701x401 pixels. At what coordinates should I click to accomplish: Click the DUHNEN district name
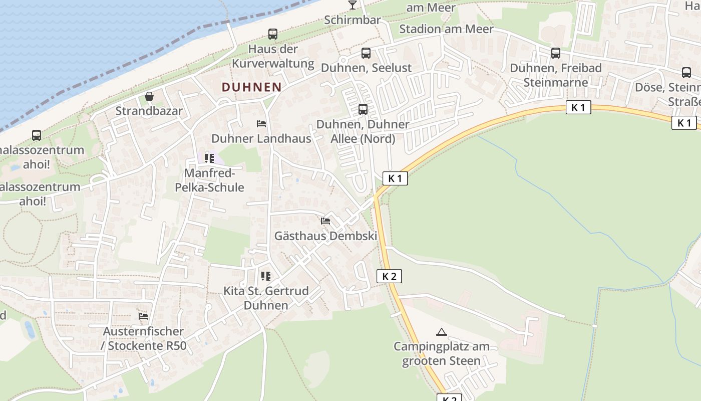(x=251, y=87)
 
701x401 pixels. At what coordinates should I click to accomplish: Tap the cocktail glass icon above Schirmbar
(x=353, y=5)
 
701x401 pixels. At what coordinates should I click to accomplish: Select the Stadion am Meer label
(x=446, y=29)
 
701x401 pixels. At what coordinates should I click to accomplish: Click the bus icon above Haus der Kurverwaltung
(x=273, y=34)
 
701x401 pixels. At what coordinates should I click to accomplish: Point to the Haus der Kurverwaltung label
(x=273, y=56)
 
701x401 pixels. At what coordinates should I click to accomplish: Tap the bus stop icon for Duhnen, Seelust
(x=366, y=53)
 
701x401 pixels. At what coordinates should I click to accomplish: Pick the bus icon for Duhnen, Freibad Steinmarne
(x=555, y=53)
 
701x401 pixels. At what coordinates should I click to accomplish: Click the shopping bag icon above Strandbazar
(x=149, y=96)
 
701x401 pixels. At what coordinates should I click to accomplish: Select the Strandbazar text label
(x=149, y=111)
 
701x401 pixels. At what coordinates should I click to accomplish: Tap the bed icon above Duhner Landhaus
(x=261, y=123)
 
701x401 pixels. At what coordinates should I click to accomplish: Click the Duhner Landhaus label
(x=261, y=138)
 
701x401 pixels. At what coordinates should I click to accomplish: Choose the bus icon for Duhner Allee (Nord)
(x=363, y=109)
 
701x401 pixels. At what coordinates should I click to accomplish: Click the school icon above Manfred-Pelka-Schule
(x=209, y=158)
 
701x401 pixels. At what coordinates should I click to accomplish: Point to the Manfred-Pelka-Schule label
(x=209, y=180)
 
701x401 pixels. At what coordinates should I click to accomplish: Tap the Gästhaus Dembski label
(x=325, y=236)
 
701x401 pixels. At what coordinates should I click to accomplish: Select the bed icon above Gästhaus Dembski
(x=325, y=221)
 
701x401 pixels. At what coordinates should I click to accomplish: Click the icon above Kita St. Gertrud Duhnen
(x=266, y=276)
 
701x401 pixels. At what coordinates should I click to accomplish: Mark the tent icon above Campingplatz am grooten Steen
(x=441, y=332)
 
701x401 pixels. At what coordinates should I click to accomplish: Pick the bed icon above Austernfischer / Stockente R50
(x=144, y=316)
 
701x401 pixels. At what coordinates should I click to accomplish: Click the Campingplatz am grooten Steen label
(x=441, y=353)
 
